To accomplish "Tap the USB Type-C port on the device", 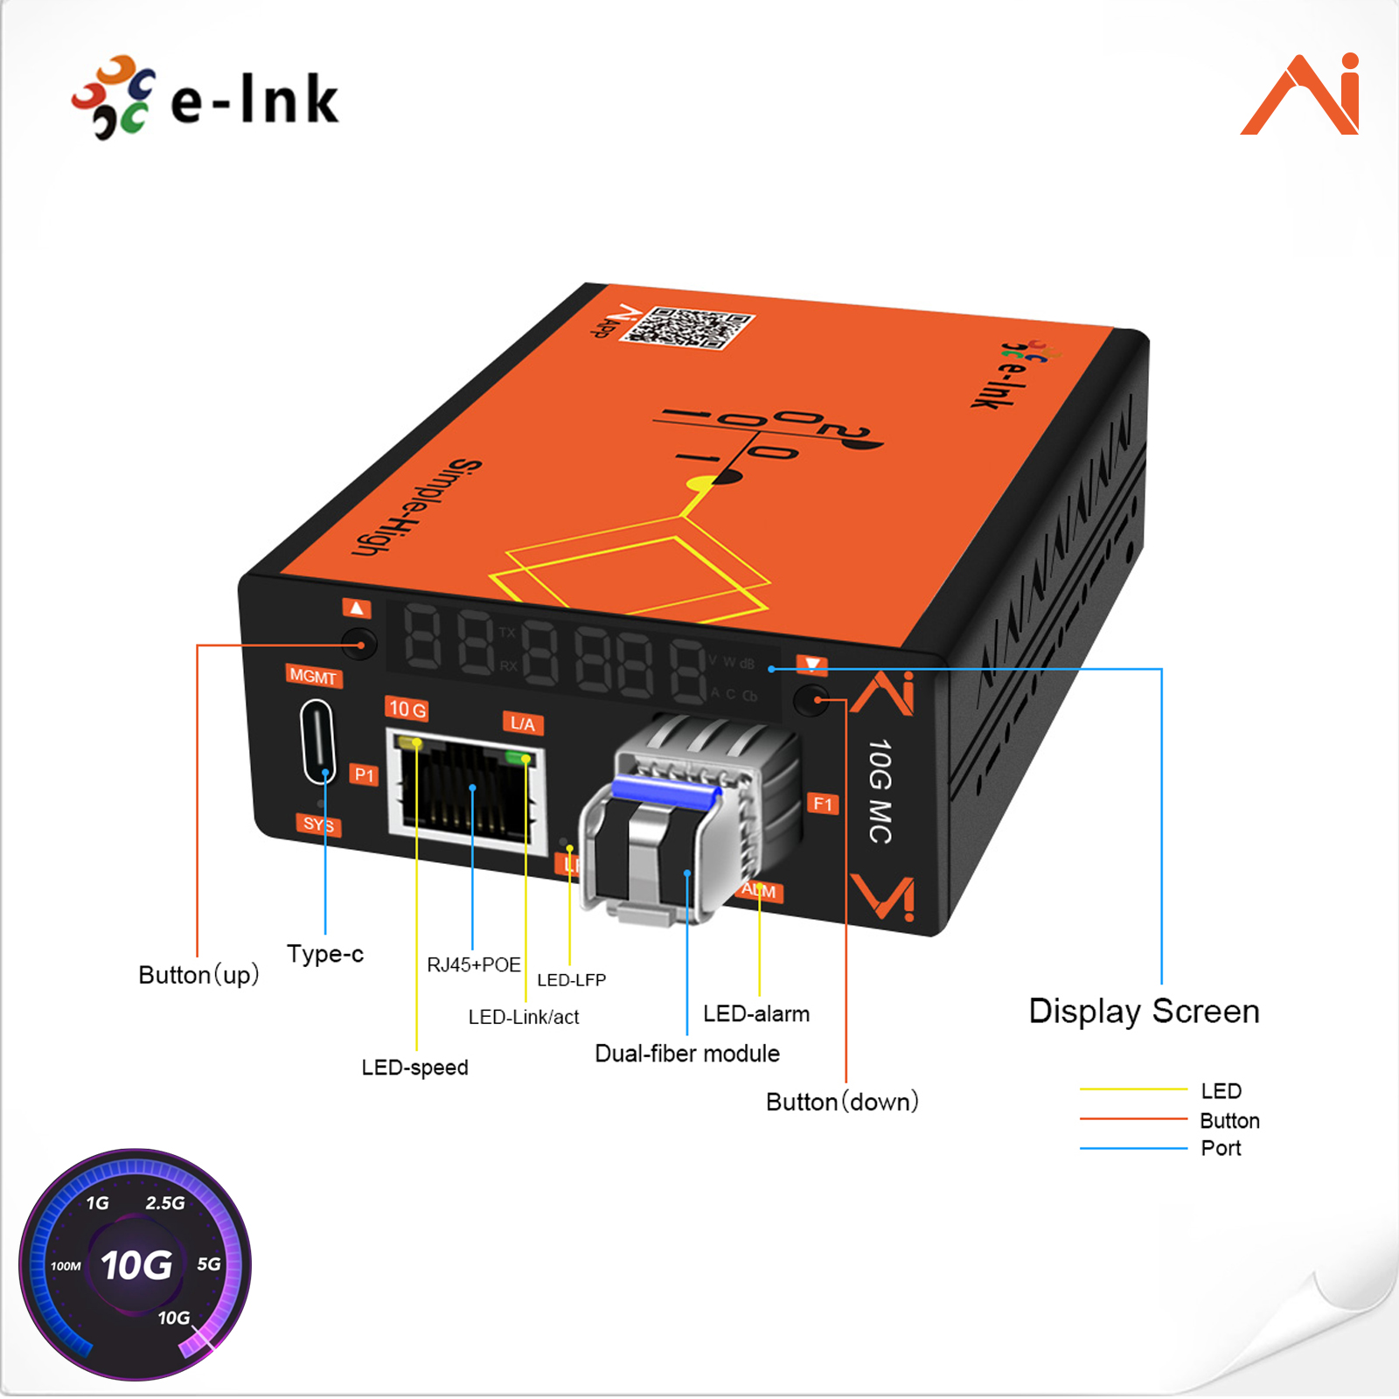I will click(x=317, y=742).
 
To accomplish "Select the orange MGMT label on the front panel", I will click(x=312, y=676).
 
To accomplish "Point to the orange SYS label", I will click(x=317, y=824).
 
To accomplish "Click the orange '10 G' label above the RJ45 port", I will click(x=407, y=709).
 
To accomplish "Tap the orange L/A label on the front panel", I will click(x=522, y=723).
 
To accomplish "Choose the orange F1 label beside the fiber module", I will click(x=822, y=804).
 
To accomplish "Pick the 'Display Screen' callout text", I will click(x=1144, y=1012).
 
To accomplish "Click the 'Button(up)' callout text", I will click(x=198, y=975).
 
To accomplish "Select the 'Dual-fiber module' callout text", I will click(x=686, y=1054).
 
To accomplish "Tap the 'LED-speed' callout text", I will click(x=414, y=1068).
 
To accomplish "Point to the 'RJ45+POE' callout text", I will click(x=473, y=964).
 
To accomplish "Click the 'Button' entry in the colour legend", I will click(x=1229, y=1121).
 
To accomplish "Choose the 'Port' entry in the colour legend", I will click(x=1221, y=1148).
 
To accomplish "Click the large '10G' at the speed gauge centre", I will click(x=136, y=1265).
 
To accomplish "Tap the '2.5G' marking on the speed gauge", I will click(x=165, y=1203).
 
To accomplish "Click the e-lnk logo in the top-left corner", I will click(x=205, y=98).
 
